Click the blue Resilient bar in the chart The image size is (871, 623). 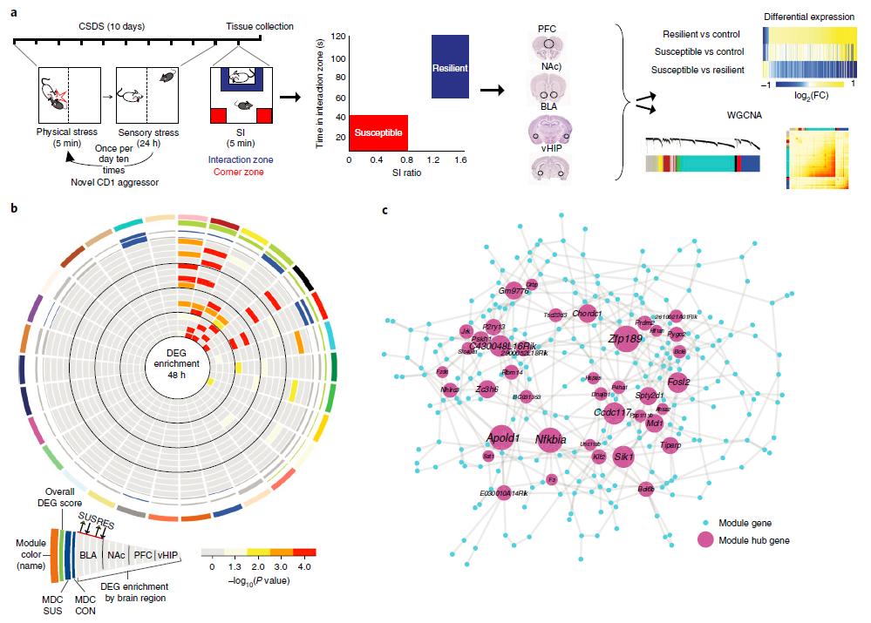[x=451, y=66]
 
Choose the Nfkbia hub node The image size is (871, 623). [x=551, y=439]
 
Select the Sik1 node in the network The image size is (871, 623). [x=623, y=456]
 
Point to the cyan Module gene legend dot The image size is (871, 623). [x=705, y=523]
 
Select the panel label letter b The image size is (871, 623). [x=11, y=207]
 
